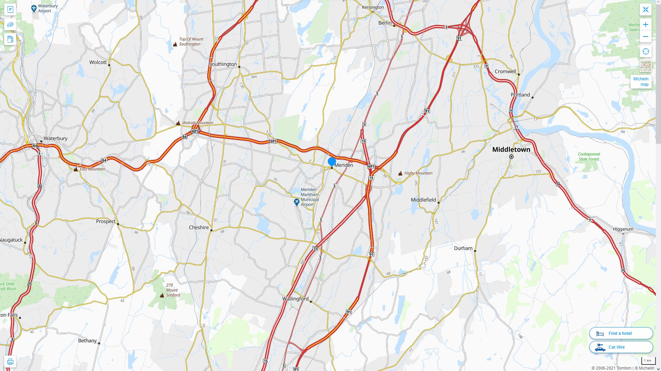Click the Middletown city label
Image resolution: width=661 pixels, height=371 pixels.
(x=511, y=150)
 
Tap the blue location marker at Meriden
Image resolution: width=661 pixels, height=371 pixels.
(x=332, y=162)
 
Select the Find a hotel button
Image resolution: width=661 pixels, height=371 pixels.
(x=621, y=333)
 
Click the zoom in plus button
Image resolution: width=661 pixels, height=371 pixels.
(x=646, y=24)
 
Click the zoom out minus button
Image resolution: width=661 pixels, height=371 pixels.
(x=646, y=37)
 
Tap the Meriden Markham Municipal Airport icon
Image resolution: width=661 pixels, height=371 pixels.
(x=296, y=202)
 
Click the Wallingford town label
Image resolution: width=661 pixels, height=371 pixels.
(x=295, y=299)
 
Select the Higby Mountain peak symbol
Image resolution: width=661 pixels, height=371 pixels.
(x=400, y=173)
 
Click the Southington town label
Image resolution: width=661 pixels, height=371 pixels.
(x=223, y=64)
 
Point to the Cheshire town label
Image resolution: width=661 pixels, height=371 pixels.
(x=199, y=228)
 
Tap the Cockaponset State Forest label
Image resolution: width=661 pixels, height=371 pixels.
(x=589, y=157)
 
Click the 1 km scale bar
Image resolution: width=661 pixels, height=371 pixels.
(x=648, y=361)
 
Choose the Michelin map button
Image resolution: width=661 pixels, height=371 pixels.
(x=641, y=82)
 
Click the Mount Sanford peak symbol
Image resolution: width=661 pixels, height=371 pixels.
(x=162, y=295)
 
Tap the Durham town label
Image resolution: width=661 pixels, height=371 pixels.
(x=463, y=248)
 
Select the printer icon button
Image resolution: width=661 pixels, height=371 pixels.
(x=10, y=362)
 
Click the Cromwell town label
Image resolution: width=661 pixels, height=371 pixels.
(x=505, y=72)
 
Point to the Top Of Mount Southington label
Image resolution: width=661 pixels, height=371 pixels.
(x=191, y=42)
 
